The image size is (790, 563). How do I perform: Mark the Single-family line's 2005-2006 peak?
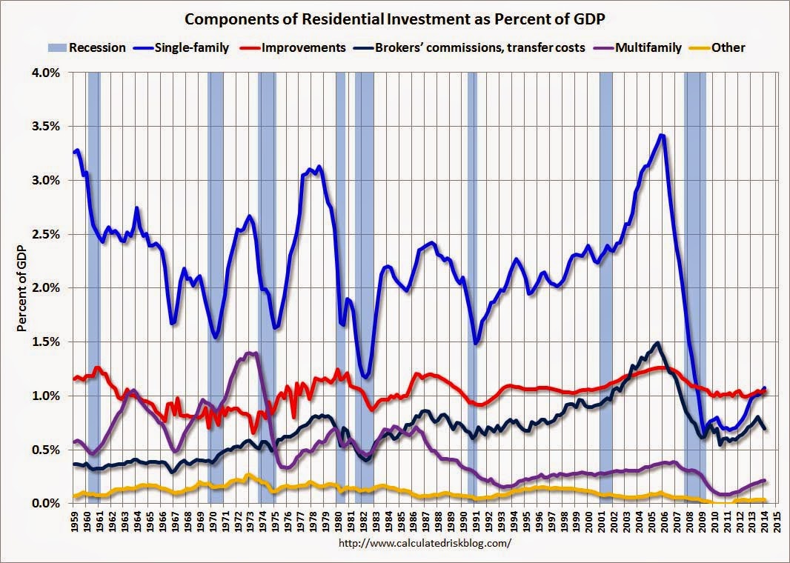point(661,136)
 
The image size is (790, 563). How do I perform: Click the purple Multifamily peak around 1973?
point(250,353)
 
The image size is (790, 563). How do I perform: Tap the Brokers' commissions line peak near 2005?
point(657,343)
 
